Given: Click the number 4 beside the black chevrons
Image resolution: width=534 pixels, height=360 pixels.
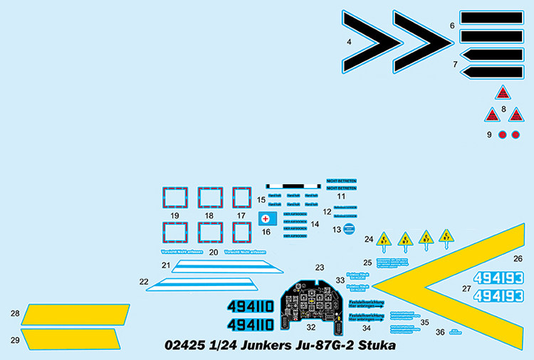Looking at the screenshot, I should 349,43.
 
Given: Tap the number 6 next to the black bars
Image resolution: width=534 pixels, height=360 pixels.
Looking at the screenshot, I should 452,26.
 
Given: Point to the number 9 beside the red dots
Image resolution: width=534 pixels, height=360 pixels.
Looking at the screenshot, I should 489,134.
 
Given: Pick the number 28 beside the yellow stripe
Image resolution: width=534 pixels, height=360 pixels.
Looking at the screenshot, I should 15,313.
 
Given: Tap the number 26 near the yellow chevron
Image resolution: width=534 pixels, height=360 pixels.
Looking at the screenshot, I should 518,259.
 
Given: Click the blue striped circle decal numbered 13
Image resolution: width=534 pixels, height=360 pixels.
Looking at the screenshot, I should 349,228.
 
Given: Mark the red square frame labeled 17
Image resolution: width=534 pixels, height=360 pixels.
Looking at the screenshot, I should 242,198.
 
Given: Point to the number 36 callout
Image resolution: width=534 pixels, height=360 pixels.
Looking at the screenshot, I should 440,332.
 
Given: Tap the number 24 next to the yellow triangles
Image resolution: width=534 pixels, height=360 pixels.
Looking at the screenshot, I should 369,239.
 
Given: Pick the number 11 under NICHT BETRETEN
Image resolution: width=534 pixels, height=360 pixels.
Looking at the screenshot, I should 341,196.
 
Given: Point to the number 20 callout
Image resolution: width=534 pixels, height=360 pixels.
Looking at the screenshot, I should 214,252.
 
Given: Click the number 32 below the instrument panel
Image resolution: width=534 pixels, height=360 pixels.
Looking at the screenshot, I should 310,328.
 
